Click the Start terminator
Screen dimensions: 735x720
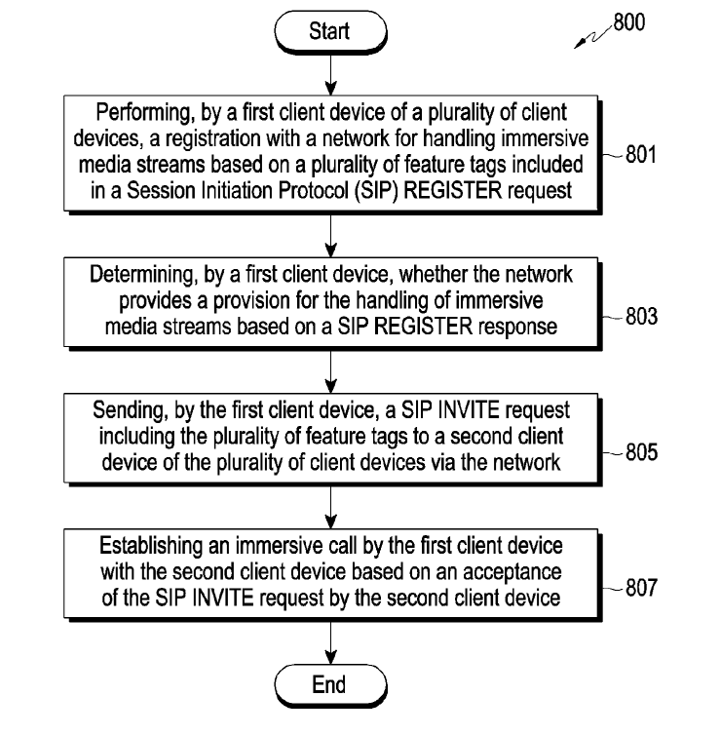click(x=329, y=31)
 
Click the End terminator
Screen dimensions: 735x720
click(x=329, y=685)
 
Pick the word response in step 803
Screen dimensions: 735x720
click(x=522, y=327)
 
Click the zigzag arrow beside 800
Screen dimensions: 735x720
click(x=592, y=37)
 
